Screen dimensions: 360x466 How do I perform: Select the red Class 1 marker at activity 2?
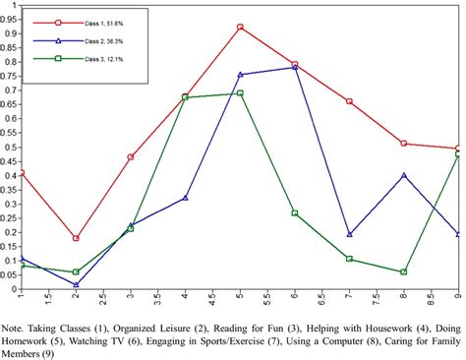pyautogui.click(x=76, y=238)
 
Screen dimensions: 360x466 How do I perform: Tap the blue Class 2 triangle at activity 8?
pyautogui.click(x=404, y=175)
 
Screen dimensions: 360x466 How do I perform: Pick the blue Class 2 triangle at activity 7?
pyautogui.click(x=350, y=234)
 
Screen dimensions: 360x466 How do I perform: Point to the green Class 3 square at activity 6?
pyautogui.click(x=295, y=212)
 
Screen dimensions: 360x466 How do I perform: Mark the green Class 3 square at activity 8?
pyautogui.click(x=404, y=271)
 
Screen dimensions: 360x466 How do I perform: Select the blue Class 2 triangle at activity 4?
pyautogui.click(x=186, y=198)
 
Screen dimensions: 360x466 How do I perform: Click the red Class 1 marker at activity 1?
pyautogui.click(x=22, y=173)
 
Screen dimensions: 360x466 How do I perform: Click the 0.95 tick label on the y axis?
pyautogui.click(x=8, y=18)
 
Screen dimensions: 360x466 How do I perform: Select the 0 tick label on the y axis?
pyautogui.click(x=11, y=290)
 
